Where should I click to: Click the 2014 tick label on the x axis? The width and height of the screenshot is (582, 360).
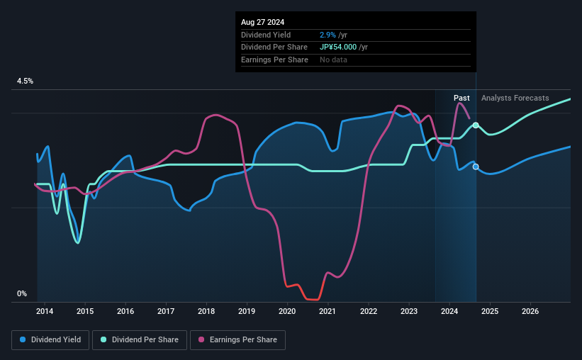45,311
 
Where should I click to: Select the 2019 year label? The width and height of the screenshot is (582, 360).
247,311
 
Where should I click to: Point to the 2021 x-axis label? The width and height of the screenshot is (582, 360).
328,311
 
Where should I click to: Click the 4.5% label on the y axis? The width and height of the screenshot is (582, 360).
26,81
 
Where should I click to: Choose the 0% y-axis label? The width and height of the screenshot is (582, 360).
22,293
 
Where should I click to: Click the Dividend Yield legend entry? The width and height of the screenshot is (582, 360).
50,340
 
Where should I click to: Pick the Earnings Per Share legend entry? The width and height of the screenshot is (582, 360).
237,340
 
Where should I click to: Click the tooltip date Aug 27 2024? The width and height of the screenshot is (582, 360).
262,22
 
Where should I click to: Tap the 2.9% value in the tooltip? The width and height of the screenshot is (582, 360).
328,35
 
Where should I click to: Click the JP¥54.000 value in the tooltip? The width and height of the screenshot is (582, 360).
344,47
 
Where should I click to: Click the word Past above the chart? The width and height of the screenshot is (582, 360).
461,98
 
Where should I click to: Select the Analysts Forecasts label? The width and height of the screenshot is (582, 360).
515,98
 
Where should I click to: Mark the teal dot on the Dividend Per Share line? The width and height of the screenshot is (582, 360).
476,125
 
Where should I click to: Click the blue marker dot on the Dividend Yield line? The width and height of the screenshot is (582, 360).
476,167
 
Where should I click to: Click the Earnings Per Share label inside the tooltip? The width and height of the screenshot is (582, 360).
274,60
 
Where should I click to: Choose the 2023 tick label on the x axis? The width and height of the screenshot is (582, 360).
409,311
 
